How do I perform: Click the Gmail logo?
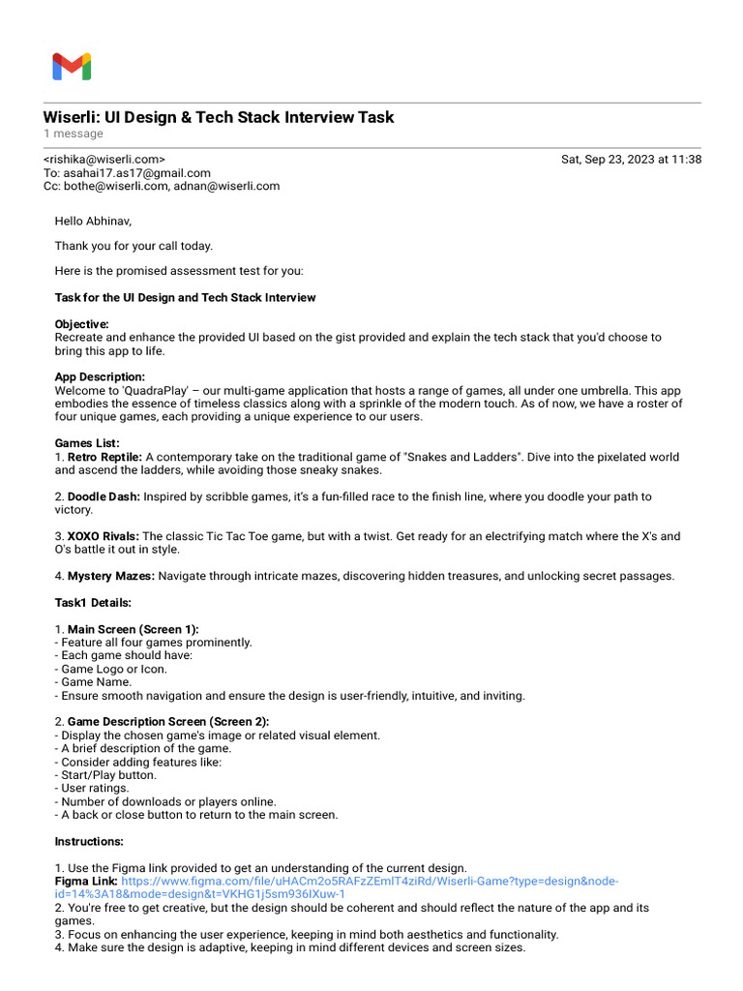click(72, 67)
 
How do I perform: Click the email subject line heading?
click(219, 117)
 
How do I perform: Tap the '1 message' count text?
click(73, 134)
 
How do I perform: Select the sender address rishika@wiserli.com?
click(104, 160)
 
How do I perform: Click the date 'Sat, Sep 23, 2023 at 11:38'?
click(631, 160)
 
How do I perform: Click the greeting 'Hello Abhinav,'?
click(93, 221)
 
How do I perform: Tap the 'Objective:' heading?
click(82, 324)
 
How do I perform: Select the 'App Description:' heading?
click(100, 377)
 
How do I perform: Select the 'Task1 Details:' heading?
click(93, 603)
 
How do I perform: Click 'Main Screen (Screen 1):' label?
click(133, 629)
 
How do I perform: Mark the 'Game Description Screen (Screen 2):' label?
click(168, 722)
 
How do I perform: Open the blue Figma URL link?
click(368, 882)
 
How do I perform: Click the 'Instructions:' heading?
click(89, 841)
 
